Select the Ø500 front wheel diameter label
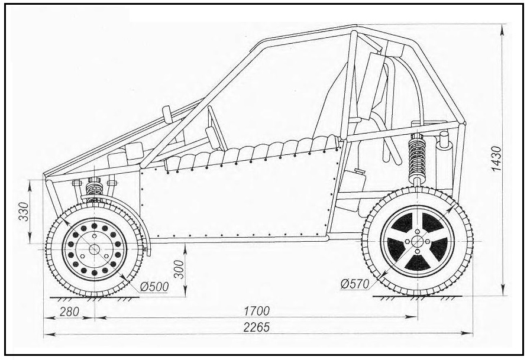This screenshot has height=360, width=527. (x=154, y=287)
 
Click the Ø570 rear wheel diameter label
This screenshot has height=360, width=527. (x=355, y=284)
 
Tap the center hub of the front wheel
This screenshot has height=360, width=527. (x=93, y=249)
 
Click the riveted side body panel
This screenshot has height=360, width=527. (x=237, y=195)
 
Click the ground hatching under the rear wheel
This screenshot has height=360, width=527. (x=417, y=297)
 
